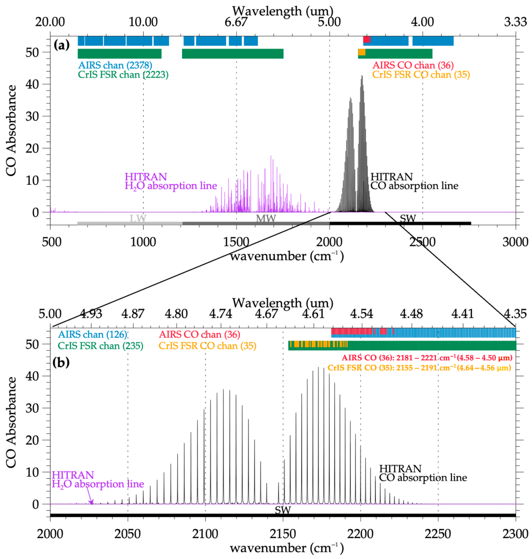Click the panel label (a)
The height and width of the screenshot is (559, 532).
(x=62, y=45)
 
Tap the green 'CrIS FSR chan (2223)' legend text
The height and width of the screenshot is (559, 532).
(x=123, y=75)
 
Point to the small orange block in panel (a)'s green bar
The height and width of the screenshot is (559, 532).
(x=362, y=52)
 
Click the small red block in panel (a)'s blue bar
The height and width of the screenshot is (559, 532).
(x=366, y=39)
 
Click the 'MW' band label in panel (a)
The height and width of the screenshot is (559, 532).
(x=266, y=218)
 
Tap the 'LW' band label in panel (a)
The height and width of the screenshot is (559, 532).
(x=138, y=218)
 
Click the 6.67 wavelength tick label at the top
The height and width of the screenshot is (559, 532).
(x=236, y=22)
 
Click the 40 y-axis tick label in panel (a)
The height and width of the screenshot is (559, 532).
(x=32, y=84)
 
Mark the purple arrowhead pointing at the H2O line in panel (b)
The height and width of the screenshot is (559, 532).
(x=91, y=502)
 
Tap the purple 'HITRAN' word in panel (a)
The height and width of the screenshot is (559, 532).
(x=146, y=177)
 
